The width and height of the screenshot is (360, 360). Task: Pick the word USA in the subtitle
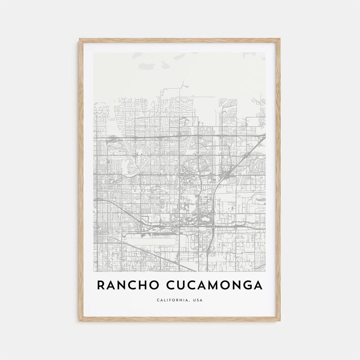pyautogui.click(x=198, y=300)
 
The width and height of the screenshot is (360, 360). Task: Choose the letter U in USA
pyautogui.click(x=194, y=300)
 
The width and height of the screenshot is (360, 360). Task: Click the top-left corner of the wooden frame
pyautogui.click(x=80, y=39)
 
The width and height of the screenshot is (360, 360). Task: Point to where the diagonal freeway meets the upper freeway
pyautogui.click(x=263, y=136)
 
